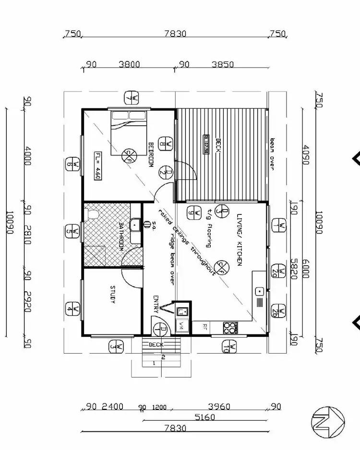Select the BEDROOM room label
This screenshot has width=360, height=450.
click(150, 155)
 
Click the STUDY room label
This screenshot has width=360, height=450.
click(113, 294)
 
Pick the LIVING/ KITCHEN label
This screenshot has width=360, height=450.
click(239, 240)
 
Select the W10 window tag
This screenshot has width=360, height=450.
click(231, 346)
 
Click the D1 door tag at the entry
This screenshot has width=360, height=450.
click(161, 329)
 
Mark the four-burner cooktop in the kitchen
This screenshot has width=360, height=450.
click(230, 328)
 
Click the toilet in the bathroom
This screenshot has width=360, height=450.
click(90, 213)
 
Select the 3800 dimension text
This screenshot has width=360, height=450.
click(129, 64)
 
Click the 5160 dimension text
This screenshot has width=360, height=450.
click(205, 417)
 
